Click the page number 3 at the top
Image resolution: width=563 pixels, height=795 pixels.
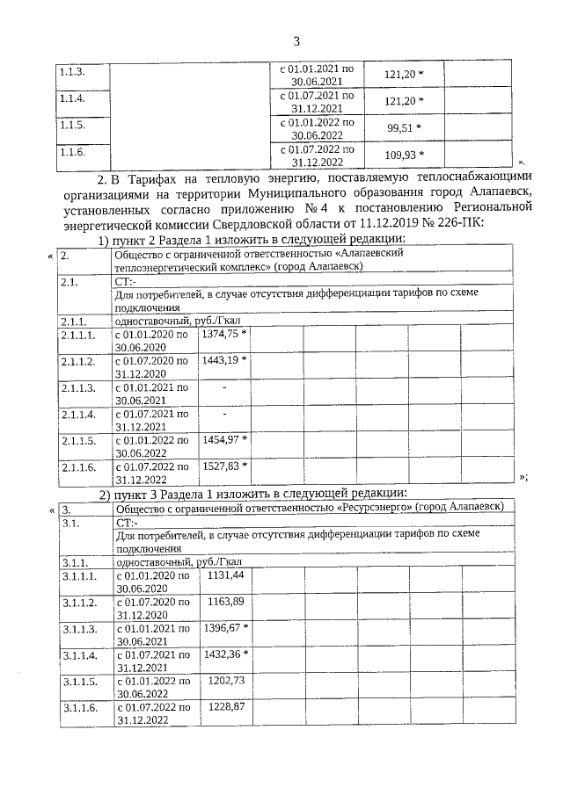click(x=296, y=40)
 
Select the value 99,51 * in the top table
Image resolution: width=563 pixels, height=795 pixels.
click(x=404, y=127)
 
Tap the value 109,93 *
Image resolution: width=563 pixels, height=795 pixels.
click(x=404, y=155)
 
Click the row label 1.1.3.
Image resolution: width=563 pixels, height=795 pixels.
click(x=70, y=69)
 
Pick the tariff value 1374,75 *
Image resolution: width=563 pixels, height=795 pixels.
click(x=224, y=334)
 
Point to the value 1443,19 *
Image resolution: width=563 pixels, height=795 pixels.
click(x=224, y=360)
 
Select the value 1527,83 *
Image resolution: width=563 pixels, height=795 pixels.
click(x=224, y=465)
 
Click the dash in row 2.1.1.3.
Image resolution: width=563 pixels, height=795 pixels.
click(x=224, y=387)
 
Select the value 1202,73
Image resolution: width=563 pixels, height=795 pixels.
click(x=225, y=680)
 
